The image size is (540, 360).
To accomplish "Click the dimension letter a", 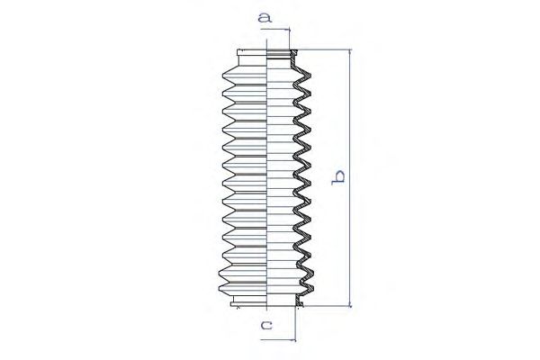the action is pyautogui.click(x=265, y=17).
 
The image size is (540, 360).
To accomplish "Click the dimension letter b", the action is pyautogui.click(x=337, y=177).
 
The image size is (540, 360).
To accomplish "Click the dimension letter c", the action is pyautogui.click(x=266, y=325).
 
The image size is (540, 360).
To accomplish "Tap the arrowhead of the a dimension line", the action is pyautogui.click(x=288, y=30).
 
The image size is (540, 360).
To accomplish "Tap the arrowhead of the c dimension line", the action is pyautogui.click(x=293, y=340).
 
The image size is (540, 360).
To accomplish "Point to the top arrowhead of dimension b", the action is pyautogui.click(x=350, y=52).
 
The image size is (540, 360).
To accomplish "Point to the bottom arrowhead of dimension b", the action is pyautogui.click(x=350, y=303).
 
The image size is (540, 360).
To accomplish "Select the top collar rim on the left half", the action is pyautogui.click(x=252, y=53).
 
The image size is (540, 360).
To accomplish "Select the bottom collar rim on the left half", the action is pyautogui.click(x=248, y=303).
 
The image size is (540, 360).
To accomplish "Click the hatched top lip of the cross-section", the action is pyautogui.click(x=293, y=53).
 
